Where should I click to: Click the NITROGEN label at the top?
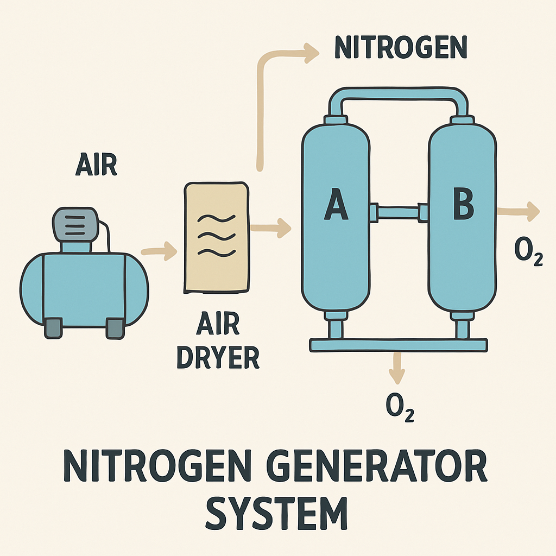(x=401, y=47)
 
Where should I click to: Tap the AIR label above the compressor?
(x=96, y=165)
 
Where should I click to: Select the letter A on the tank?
(x=336, y=204)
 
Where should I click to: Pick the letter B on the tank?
(x=464, y=204)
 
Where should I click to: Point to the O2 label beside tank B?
(x=528, y=251)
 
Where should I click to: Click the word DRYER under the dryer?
(x=218, y=357)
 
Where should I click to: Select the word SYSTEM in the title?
(x=276, y=513)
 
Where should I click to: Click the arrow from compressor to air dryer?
(x=159, y=251)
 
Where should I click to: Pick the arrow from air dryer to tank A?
(x=270, y=228)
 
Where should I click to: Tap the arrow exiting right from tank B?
(x=518, y=211)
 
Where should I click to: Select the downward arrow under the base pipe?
(x=397, y=368)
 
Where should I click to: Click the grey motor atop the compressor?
(x=75, y=225)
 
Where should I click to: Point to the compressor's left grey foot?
(x=53, y=328)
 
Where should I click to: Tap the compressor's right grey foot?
(x=115, y=328)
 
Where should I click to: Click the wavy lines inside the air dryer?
(x=216, y=235)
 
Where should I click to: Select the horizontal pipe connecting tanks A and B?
(x=398, y=213)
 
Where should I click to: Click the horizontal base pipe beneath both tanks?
(x=399, y=345)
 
